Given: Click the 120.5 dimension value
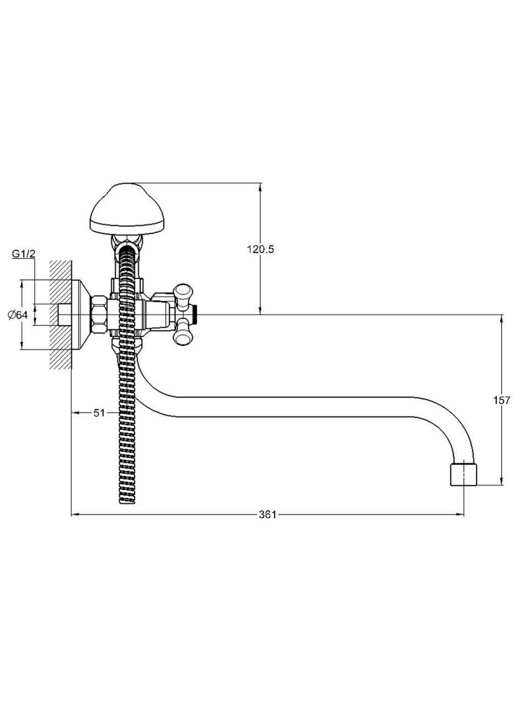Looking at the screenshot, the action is point(260,249).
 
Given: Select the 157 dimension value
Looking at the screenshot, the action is point(501,400).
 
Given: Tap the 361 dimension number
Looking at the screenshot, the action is point(267,515).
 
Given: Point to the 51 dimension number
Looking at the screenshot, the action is point(99,413).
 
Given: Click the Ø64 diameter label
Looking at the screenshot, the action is point(18,315).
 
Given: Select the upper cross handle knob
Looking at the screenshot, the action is point(184,293).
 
